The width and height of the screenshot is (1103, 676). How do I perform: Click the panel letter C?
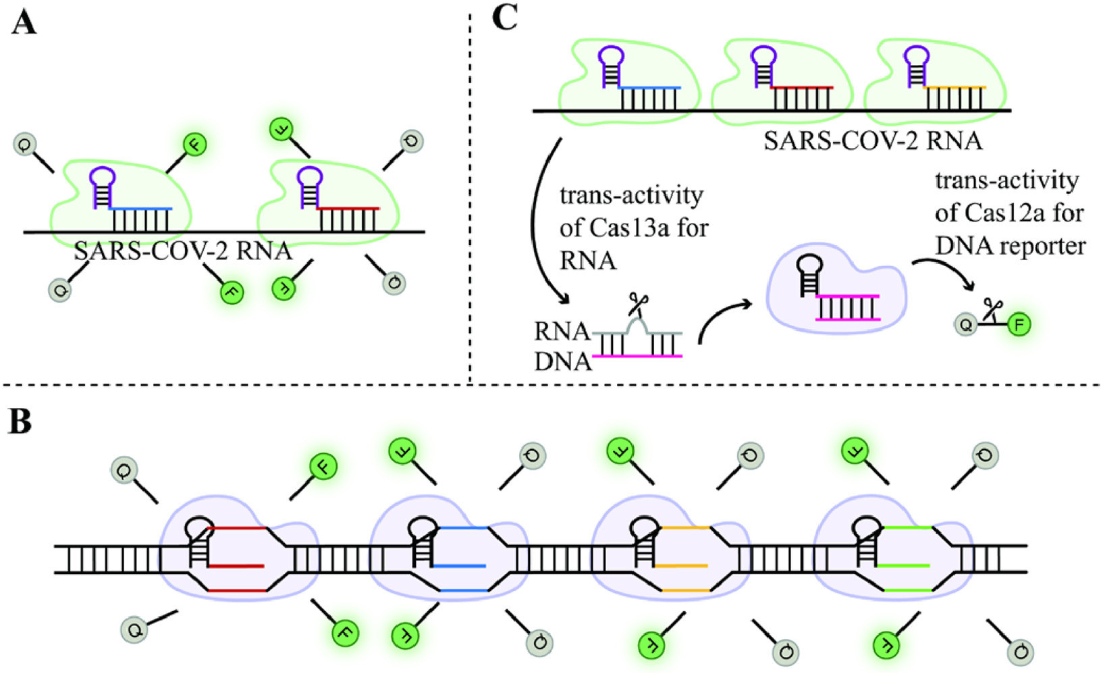(x=505, y=18)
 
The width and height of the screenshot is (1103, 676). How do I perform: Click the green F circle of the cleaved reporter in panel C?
(x=1019, y=326)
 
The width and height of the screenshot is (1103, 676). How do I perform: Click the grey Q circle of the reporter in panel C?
(x=967, y=326)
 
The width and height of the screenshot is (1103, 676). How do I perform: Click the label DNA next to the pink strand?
(x=562, y=362)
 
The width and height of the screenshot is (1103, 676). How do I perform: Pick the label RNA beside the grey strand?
(x=562, y=332)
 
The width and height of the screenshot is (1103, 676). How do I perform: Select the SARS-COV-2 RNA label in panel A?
(x=183, y=251)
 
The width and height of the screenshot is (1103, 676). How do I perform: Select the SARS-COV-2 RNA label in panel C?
(x=873, y=141)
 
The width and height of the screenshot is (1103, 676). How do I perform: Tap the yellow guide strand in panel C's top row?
(x=954, y=88)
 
